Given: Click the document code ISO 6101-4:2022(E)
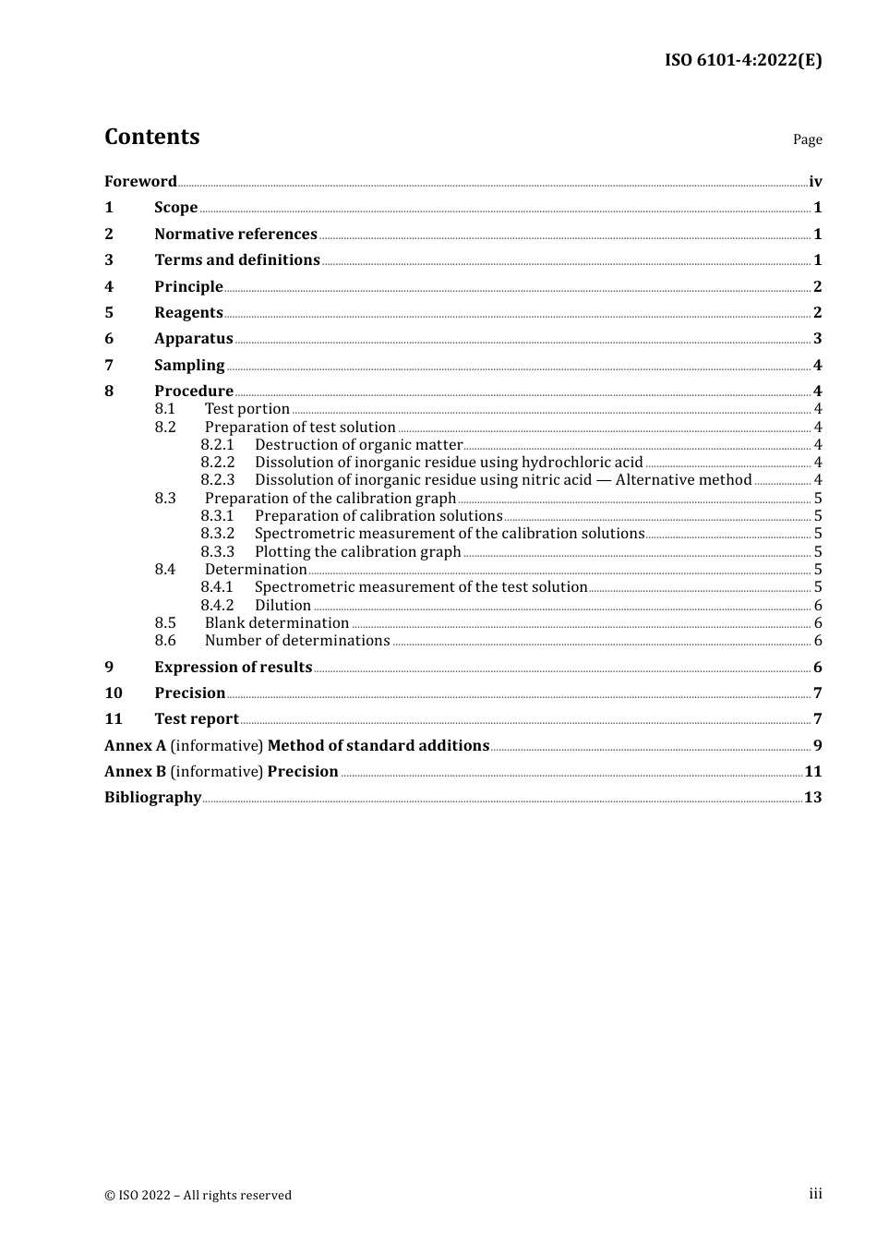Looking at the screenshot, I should [x=743, y=60].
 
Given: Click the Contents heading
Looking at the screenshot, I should [x=151, y=137].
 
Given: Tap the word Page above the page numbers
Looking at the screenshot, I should [x=807, y=139].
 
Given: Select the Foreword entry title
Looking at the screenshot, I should [x=140, y=181].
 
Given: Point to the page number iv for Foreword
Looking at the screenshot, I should [x=815, y=182].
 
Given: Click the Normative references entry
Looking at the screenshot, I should [x=235, y=235].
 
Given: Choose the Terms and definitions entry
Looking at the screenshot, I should [x=237, y=260].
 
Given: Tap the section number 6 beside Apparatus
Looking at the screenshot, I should [x=109, y=339].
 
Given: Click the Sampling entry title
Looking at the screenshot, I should [x=189, y=366].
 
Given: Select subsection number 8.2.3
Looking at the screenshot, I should [x=218, y=480].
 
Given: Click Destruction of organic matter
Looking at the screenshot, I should [x=358, y=445].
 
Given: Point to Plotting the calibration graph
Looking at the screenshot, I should [x=357, y=552].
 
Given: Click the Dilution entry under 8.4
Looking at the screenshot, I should [x=282, y=606].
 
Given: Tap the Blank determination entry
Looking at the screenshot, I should [x=277, y=623].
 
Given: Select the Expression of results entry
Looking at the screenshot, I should [x=233, y=668].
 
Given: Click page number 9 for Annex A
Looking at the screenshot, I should [x=817, y=746].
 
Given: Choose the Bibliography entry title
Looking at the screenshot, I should [x=152, y=798].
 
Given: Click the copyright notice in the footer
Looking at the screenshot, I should [x=198, y=1196].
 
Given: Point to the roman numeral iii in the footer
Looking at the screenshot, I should [x=815, y=1194].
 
